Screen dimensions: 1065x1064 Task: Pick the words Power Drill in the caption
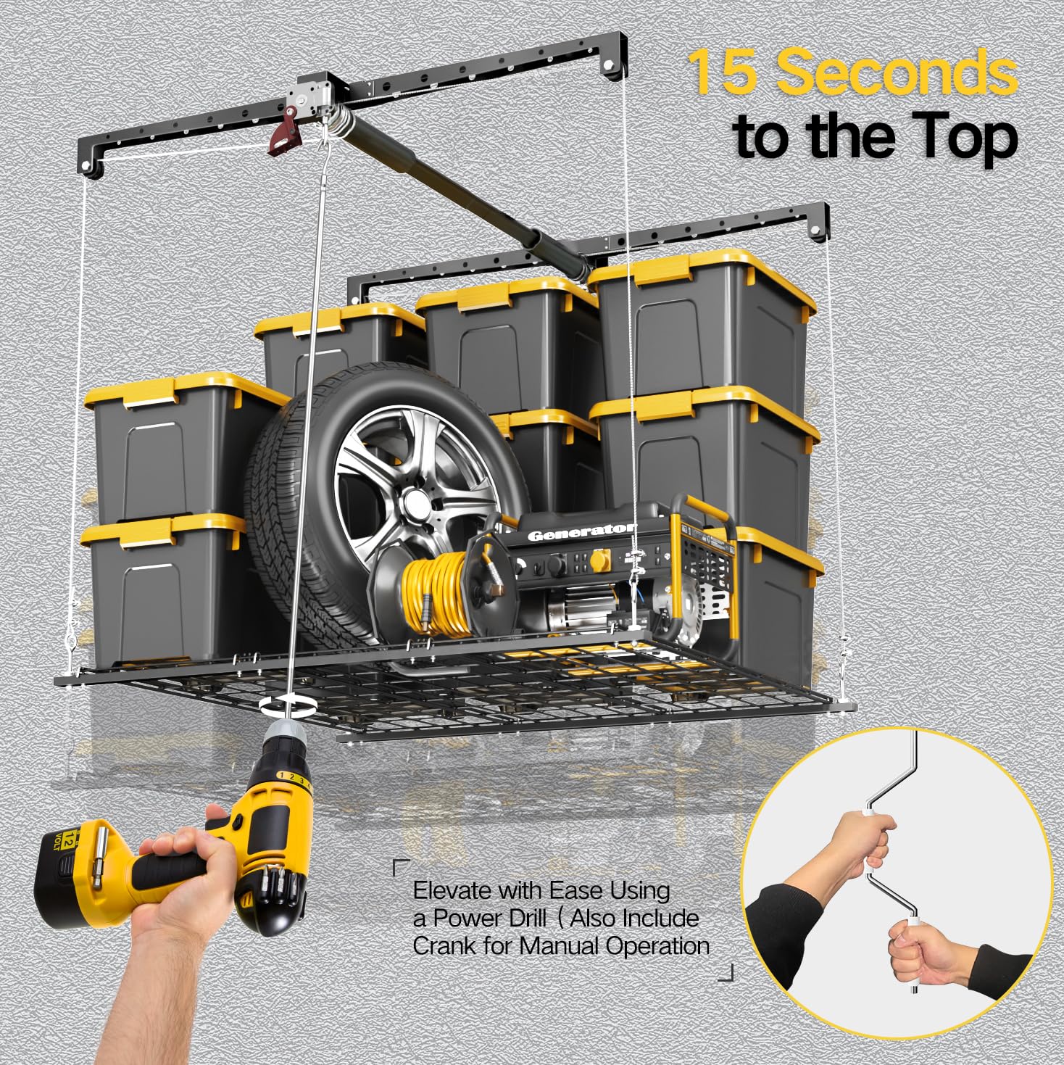coord(490,919)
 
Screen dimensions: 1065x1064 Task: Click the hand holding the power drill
coord(181,855)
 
